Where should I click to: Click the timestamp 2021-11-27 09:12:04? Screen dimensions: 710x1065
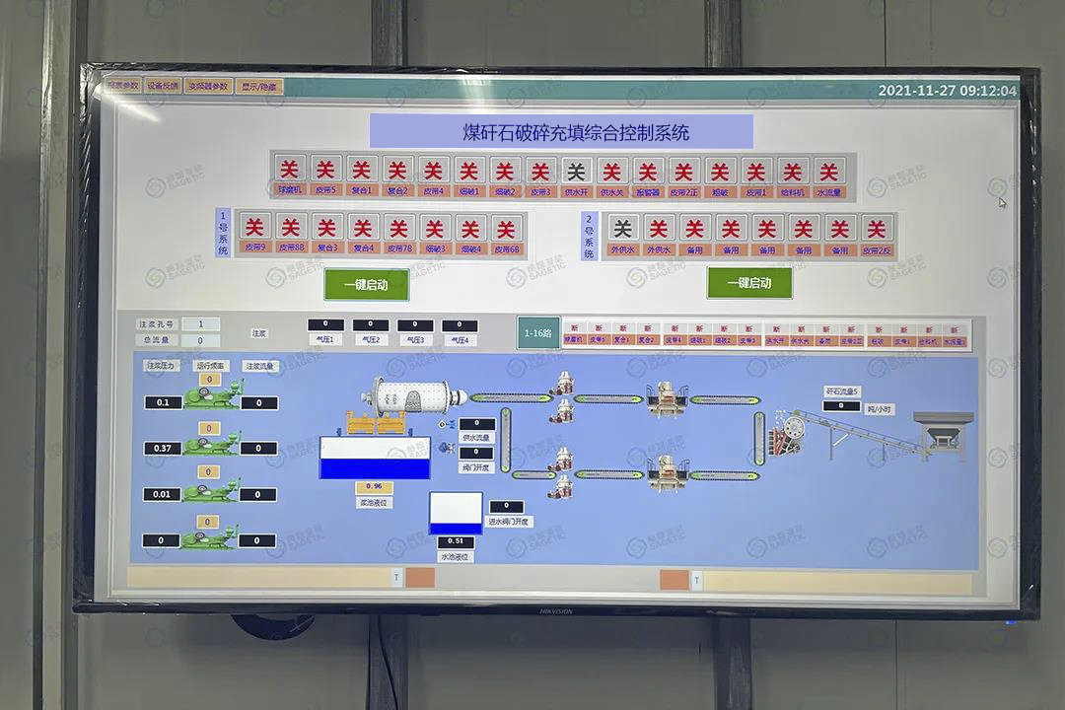coord(947,91)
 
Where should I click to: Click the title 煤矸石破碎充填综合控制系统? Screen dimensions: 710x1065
coord(561,131)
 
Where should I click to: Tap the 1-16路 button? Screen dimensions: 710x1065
coord(538,333)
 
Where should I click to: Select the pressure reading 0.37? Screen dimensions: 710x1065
coord(163,449)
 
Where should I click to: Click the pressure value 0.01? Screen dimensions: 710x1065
coord(162,494)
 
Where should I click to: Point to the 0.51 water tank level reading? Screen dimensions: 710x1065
coord(455,541)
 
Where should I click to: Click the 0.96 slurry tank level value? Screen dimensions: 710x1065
coord(374,487)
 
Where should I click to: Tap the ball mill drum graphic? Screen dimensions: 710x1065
coord(411,396)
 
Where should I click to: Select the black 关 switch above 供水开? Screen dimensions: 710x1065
coord(577,170)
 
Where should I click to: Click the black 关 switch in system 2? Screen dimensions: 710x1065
coord(622,229)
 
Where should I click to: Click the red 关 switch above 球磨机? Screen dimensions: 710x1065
coord(289,170)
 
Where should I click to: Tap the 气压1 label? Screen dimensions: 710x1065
coord(324,340)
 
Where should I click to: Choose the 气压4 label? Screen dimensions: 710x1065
coord(460,340)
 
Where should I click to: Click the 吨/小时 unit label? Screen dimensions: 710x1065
coord(880,408)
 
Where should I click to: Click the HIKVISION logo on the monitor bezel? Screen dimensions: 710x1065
coord(555,611)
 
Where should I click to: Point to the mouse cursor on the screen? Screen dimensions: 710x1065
coord(1002,203)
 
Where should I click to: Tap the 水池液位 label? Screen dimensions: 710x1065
coord(455,557)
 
